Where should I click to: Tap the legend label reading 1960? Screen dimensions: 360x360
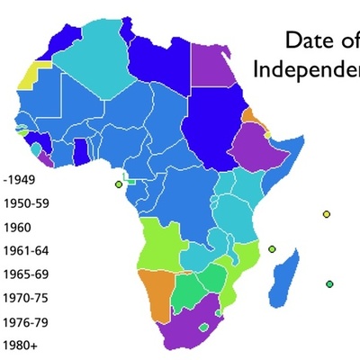tap(17, 227)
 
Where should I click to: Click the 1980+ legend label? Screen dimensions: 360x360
tap(19, 344)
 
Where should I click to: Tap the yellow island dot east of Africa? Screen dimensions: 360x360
tap(327, 214)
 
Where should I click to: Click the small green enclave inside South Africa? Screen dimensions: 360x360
tap(204, 327)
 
